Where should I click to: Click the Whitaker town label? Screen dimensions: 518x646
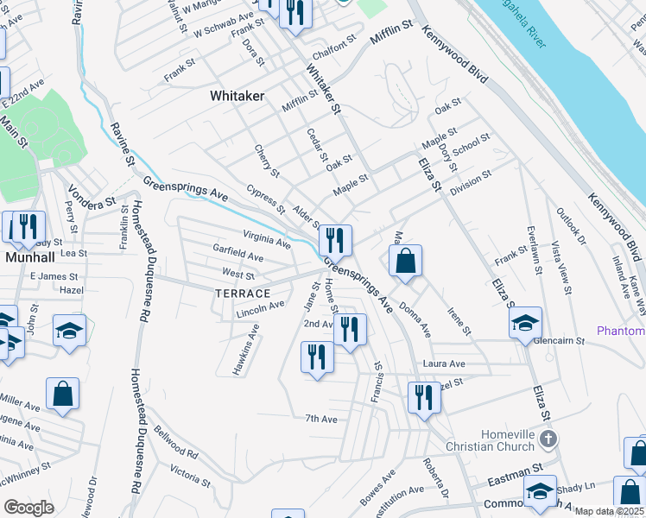(x=237, y=97)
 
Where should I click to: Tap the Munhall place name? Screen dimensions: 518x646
(x=30, y=257)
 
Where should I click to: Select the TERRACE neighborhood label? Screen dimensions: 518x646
(x=243, y=294)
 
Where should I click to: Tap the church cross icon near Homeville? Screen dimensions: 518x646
(x=547, y=440)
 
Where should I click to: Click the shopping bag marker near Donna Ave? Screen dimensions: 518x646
(x=405, y=261)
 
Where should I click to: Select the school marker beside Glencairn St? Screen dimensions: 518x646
(x=525, y=324)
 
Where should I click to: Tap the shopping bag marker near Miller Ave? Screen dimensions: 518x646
(x=63, y=394)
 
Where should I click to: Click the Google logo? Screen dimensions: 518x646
(x=29, y=508)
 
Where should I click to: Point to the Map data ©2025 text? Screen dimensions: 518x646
(x=608, y=511)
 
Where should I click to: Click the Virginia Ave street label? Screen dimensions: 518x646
(x=266, y=238)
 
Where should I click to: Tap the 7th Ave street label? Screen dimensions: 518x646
(x=320, y=419)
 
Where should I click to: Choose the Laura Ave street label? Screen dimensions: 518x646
(x=444, y=363)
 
